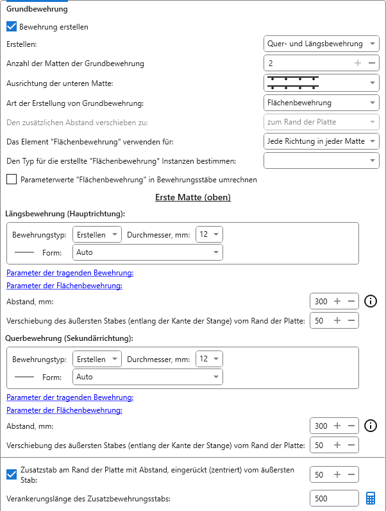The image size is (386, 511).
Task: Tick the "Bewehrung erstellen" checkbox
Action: pos(12,27)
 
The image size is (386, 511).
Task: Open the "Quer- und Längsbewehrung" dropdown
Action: pos(321,44)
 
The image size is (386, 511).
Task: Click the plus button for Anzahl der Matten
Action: pos(358,63)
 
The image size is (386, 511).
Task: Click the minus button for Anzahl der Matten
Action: pos(371,63)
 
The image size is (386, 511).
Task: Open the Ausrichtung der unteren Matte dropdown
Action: pos(321,83)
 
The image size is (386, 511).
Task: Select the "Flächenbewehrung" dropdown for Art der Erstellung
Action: pos(321,103)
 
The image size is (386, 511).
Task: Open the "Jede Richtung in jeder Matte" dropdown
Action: pos(321,141)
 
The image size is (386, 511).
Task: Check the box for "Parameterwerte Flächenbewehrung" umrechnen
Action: pos(12,180)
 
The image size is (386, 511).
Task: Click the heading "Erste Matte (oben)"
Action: pos(193,197)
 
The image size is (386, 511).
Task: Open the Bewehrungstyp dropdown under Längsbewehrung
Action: pos(97,235)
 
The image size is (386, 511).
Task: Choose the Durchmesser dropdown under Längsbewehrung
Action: pos(209,235)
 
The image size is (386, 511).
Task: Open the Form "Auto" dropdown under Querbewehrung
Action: pos(148,377)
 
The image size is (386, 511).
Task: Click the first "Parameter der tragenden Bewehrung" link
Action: pos(70,273)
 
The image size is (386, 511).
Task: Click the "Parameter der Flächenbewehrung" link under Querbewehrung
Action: pos(64,410)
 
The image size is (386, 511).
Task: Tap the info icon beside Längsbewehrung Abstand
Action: pos(370,301)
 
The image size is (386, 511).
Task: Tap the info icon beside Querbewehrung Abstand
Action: pos(370,426)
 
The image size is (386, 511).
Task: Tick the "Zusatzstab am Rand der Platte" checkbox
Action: pos(12,474)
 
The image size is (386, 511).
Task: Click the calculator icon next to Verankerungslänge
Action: pos(371,498)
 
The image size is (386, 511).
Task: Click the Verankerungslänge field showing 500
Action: pos(333,498)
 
